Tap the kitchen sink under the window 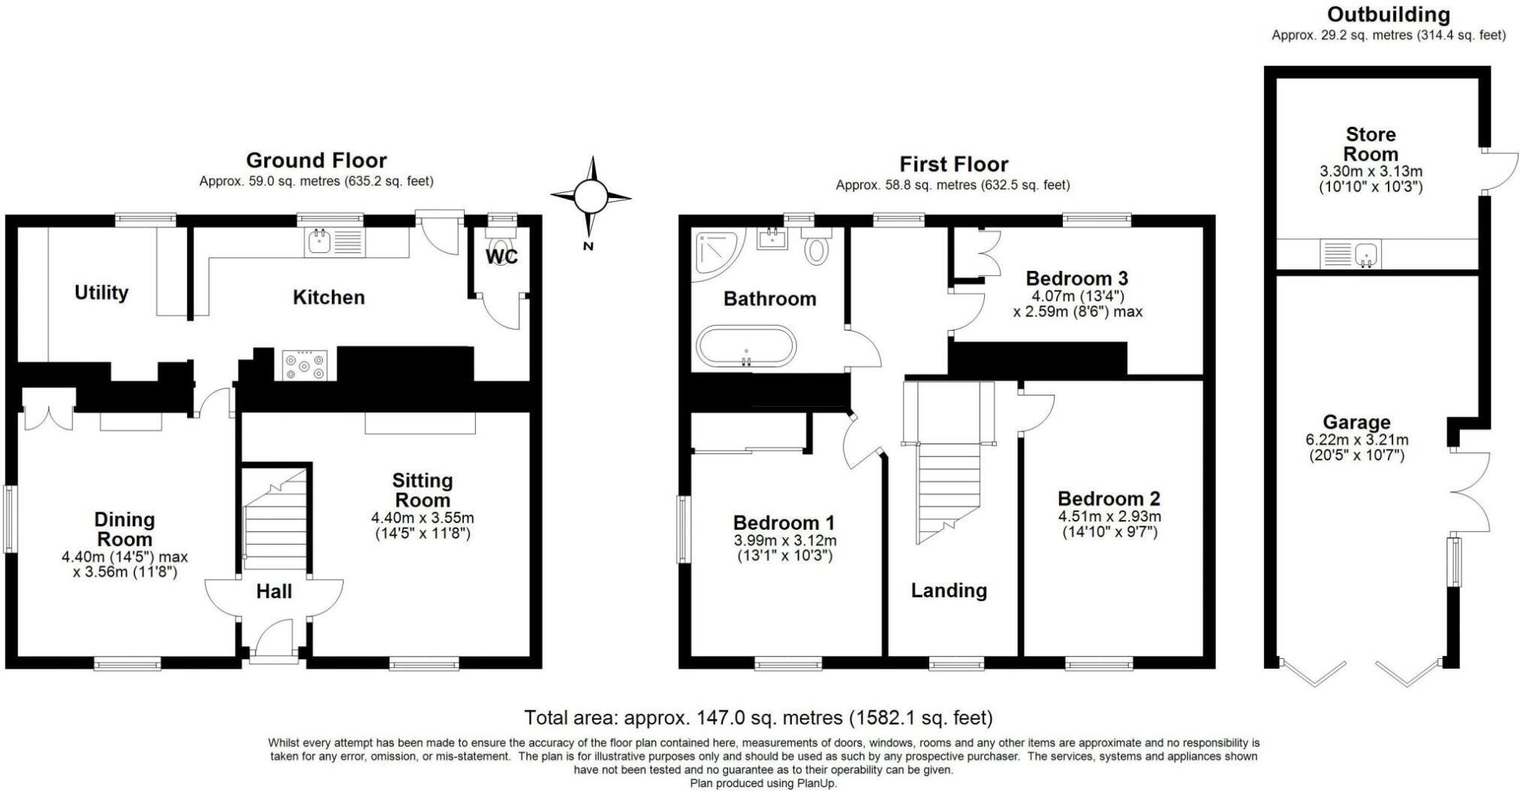point(335,242)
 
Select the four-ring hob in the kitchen point(305,365)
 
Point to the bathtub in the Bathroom point(745,346)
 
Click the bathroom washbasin point(772,239)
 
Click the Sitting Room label point(423,490)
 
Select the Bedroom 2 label point(1109,498)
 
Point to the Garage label point(1356,423)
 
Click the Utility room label point(101,293)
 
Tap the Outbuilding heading point(1389,14)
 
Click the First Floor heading point(953,164)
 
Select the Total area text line point(758,718)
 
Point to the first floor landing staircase point(949,462)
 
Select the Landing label point(949,591)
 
